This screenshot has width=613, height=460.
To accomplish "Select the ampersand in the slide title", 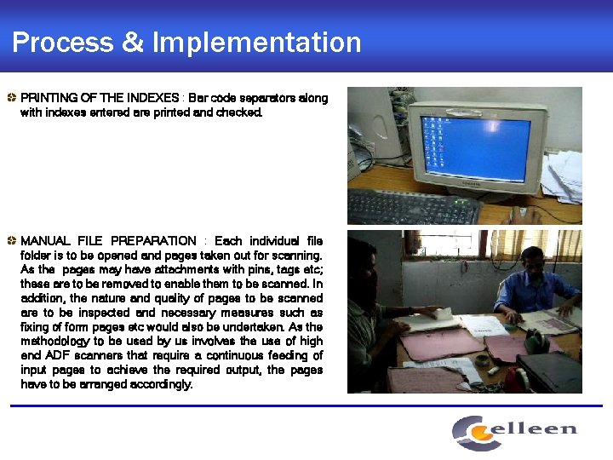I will coord(133,42).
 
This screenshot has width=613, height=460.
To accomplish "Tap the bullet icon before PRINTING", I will coord(11,98).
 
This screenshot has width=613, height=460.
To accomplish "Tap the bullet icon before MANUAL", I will coord(11,241).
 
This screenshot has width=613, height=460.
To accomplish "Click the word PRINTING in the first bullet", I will coord(50,98).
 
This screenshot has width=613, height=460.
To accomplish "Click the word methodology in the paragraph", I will coord(57,341).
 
